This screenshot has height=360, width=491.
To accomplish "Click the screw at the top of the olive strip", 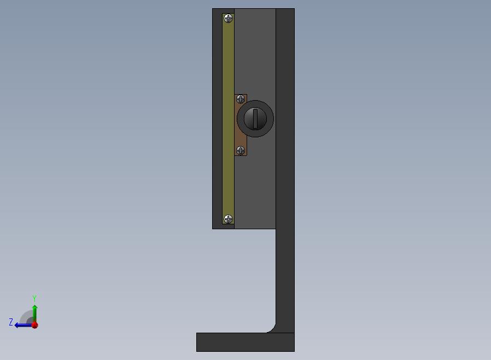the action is (229, 19).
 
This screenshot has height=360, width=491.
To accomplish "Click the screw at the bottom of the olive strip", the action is (229, 219).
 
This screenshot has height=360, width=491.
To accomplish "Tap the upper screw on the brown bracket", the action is (241, 100).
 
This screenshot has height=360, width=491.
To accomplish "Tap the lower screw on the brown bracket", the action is (241, 150).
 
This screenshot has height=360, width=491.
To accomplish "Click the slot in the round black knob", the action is (255, 119).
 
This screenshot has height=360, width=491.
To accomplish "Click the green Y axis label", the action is (34, 298).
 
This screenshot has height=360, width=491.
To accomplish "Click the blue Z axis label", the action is (11, 322).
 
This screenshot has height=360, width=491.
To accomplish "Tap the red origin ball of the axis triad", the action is (35, 325).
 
